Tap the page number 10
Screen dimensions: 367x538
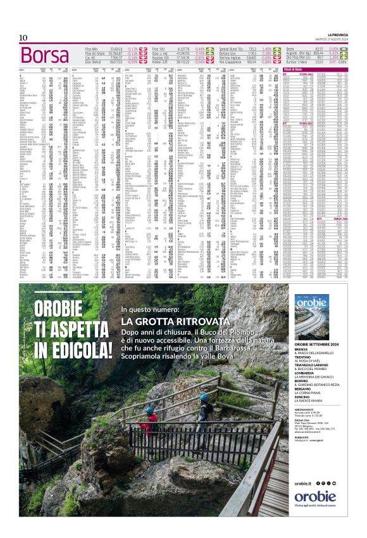click(x=23, y=37)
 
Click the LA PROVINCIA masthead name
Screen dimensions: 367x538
click(x=333, y=34)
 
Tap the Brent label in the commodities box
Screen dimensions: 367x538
click(x=292, y=48)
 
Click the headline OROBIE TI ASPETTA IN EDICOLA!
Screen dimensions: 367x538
click(x=63, y=330)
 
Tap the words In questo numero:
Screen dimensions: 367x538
click(x=150, y=310)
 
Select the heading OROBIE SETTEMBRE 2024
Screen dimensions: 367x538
click(x=320, y=345)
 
